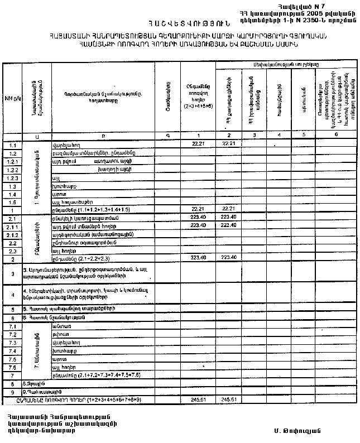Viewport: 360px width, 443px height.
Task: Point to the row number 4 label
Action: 12,294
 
